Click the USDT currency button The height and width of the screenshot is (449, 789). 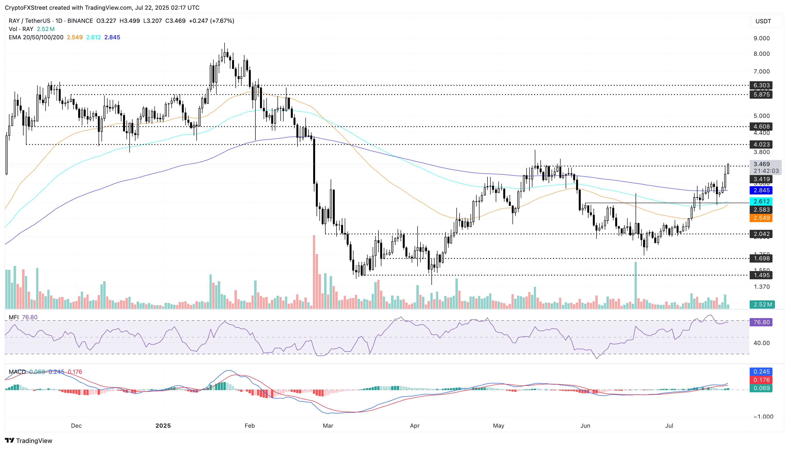click(x=763, y=21)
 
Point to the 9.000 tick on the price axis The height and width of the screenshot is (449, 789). click(x=762, y=38)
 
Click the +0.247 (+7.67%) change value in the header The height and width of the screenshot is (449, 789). click(x=211, y=21)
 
